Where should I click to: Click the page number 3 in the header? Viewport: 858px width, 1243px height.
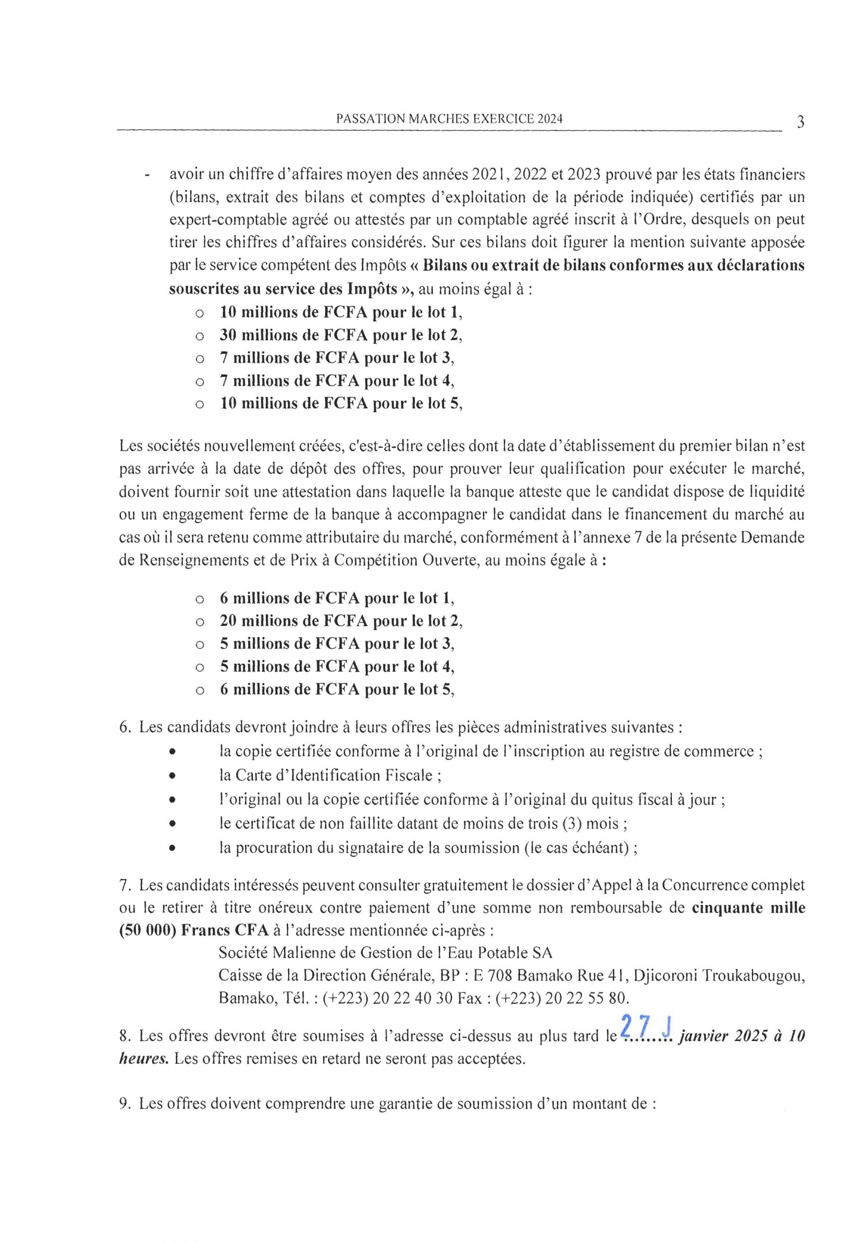click(801, 122)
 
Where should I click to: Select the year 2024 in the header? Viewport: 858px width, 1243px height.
click(549, 120)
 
